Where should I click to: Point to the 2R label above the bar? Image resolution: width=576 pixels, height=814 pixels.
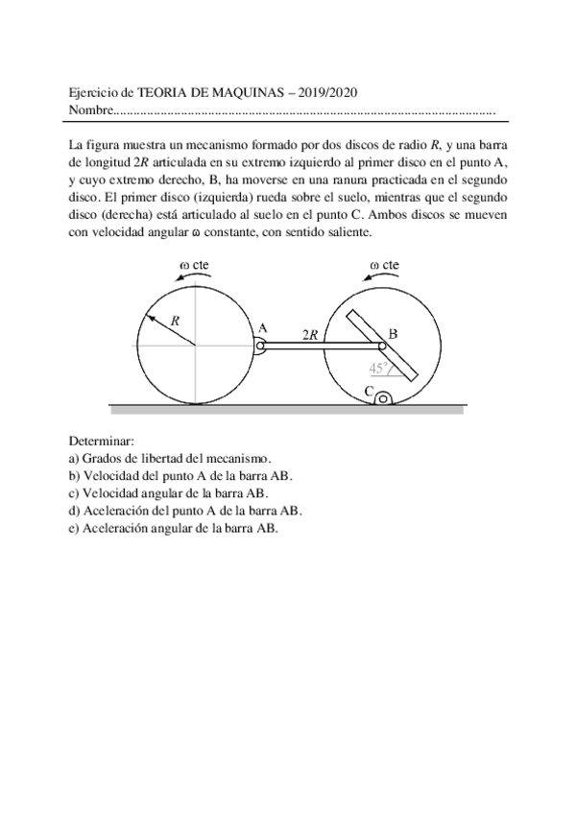click(x=310, y=335)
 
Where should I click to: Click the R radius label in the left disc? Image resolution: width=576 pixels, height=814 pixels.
click(x=175, y=322)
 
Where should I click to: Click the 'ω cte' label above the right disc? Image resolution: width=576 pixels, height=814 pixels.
click(x=385, y=265)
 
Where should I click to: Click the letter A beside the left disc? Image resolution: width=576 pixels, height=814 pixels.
click(x=261, y=327)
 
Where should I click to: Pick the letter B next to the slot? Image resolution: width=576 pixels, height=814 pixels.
click(x=393, y=334)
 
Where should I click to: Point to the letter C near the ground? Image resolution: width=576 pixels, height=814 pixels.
click(x=369, y=391)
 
